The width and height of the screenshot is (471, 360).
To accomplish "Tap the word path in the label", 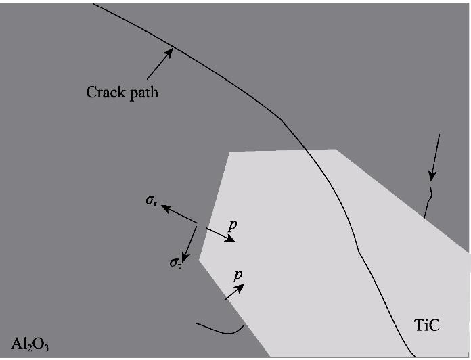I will (143, 93).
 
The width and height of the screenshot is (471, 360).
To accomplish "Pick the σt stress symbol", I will (175, 261).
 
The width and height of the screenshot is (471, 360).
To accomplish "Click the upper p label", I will (232, 224).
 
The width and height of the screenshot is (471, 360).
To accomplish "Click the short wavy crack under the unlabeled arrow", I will (428, 201).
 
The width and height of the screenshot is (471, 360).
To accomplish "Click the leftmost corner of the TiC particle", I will (199, 259).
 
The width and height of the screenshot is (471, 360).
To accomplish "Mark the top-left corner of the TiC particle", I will (230, 151).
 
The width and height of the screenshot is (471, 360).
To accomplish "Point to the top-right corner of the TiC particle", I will (336, 149).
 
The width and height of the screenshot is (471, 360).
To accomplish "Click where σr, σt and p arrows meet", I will (197, 225).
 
